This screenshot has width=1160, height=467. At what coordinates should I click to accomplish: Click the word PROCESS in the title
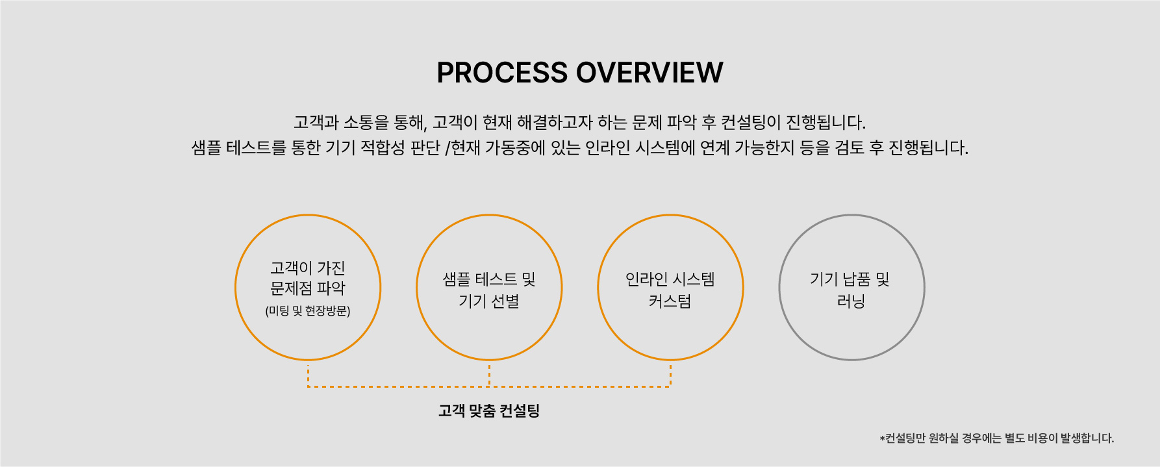point(502,73)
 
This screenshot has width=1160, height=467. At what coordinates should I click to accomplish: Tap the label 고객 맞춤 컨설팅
point(489,410)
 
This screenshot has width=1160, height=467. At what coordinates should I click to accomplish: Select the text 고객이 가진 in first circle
point(308,268)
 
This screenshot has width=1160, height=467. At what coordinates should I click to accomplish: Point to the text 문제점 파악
point(308,288)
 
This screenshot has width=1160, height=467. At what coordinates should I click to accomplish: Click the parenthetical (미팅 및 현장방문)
point(308,311)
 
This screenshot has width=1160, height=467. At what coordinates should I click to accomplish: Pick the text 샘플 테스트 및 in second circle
point(489,279)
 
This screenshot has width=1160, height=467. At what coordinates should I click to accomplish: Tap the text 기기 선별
point(489,301)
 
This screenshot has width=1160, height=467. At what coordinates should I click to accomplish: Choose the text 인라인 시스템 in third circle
point(670,279)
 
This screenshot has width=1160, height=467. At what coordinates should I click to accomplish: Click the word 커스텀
point(670,301)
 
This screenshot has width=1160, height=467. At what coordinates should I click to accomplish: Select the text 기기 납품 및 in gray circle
point(850,279)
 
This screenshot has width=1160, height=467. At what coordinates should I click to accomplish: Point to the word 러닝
point(851,301)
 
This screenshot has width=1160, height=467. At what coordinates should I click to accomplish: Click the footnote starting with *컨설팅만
point(997,438)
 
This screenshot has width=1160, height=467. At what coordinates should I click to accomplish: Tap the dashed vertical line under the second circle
point(489,375)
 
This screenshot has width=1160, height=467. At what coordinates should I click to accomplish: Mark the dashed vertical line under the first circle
point(308,375)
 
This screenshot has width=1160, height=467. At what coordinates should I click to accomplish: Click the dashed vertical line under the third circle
point(670,375)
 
